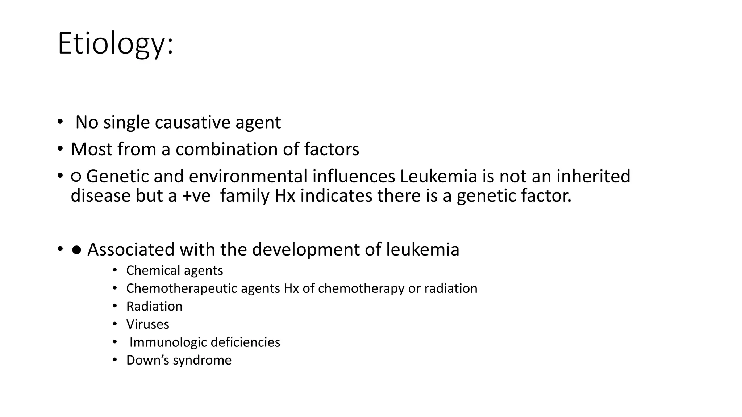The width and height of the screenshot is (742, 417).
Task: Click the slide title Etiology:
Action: [115, 44]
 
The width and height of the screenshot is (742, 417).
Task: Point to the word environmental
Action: [248, 177]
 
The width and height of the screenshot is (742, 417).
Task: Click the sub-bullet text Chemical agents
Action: [174, 270]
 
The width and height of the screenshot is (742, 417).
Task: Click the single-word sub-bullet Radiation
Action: [154, 307]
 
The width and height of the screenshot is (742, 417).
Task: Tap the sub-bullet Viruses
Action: [147, 324]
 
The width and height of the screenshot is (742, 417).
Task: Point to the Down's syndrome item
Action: [179, 360]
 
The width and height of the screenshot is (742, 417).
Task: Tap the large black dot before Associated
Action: [76, 250]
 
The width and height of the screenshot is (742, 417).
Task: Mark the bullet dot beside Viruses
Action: [115, 324]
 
